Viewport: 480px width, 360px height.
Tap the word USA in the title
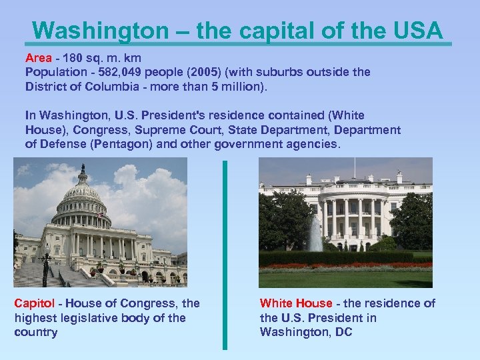pos(416,30)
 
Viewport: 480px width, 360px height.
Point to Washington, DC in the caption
pos(306,332)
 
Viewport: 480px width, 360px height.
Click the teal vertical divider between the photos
pos(225,253)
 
